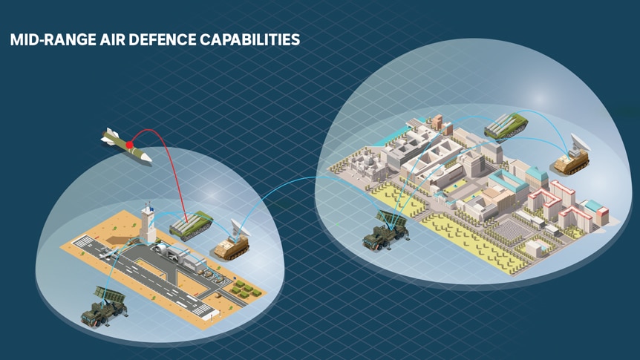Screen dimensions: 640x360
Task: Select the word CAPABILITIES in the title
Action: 250,40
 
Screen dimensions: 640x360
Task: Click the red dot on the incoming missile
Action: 129,145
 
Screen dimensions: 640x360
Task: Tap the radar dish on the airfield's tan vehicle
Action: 240,228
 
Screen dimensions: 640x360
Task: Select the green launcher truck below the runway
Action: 104,307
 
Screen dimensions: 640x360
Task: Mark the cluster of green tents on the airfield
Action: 245,289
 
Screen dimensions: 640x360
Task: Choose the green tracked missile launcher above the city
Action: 506,126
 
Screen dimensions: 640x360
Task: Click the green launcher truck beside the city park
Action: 385,231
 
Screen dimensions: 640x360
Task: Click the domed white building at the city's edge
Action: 367,166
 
